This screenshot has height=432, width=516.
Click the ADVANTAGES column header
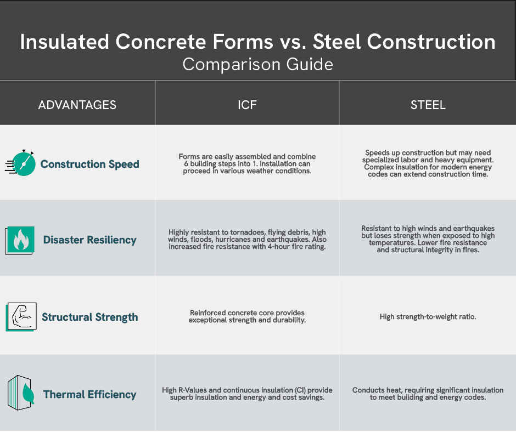77,105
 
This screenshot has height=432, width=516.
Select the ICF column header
247,105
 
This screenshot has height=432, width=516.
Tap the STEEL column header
428,105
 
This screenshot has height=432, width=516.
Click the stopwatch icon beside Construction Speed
20,163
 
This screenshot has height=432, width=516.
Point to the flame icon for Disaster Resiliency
20,240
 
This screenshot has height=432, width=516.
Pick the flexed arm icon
21,317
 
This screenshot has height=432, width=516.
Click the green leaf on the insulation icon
29,393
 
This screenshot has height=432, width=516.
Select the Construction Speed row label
89,164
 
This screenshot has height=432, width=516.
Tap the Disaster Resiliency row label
89,240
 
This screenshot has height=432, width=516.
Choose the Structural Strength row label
90,317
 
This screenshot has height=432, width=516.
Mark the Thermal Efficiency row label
89,394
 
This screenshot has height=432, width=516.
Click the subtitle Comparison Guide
257,65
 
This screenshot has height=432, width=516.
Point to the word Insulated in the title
65,42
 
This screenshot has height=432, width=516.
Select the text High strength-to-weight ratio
428,317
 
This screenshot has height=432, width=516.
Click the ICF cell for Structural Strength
247,316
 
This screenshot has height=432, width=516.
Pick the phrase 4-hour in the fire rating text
280,247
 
